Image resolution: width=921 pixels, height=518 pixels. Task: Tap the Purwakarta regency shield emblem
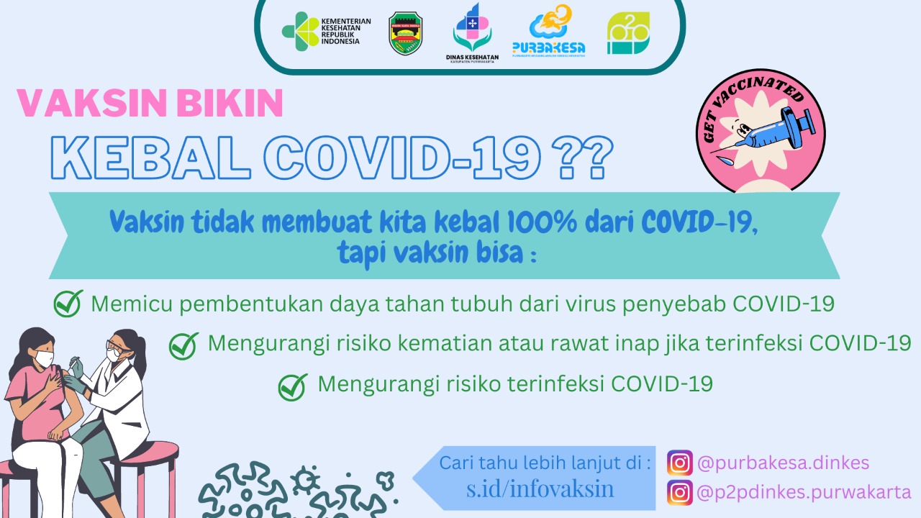point(406,33)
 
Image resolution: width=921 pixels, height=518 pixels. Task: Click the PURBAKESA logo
point(548,33)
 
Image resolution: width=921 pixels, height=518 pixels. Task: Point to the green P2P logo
point(627,33)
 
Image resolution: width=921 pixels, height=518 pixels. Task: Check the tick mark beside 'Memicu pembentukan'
point(68,304)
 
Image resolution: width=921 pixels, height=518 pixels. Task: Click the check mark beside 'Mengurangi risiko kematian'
point(183,345)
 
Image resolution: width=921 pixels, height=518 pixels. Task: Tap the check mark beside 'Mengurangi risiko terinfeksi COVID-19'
point(293,386)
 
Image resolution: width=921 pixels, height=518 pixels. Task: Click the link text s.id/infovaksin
point(540,489)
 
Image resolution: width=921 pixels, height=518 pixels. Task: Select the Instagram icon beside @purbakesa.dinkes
point(679,463)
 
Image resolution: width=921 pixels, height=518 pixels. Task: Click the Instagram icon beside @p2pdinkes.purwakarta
point(679,493)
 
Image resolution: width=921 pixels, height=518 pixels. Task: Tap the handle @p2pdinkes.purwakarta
point(804,493)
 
